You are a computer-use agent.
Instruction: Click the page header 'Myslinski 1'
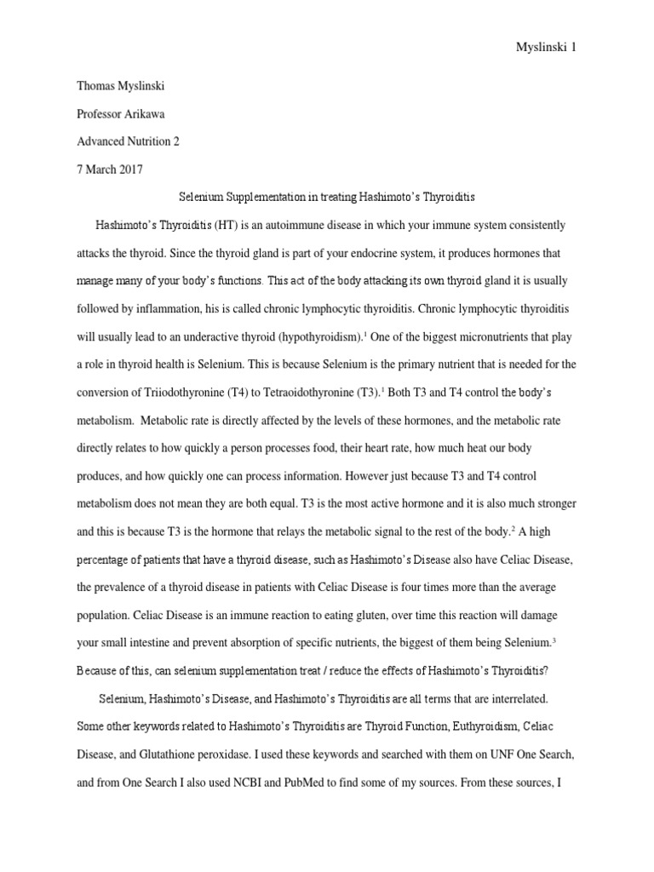tap(547, 48)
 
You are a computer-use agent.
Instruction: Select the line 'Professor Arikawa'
tap(121, 113)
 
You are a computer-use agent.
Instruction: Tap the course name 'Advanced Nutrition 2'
tap(129, 141)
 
